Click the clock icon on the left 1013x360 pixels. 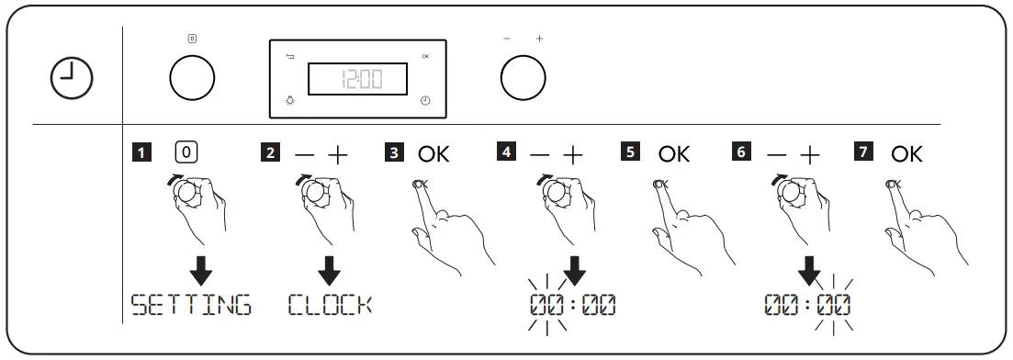point(71,80)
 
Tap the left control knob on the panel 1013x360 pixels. point(192,80)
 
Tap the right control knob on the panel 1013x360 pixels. point(523,80)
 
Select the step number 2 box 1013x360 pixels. point(270,153)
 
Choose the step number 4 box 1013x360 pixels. point(505,153)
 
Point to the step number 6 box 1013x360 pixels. point(740,153)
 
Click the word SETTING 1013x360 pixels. point(190,305)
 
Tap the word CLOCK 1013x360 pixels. point(331,305)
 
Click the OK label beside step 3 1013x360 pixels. point(433,153)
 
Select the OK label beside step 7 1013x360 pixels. point(906,153)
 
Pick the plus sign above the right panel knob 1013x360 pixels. point(539,39)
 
